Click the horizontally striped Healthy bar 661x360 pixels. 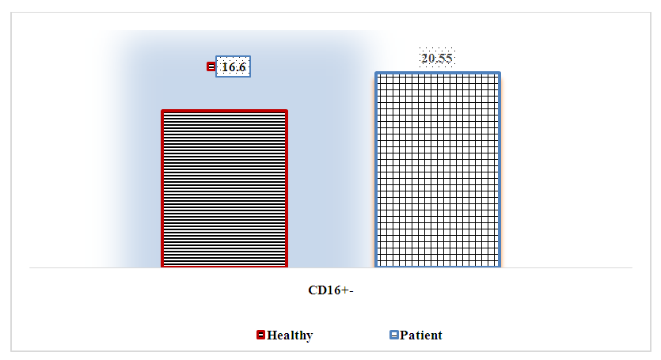(224, 188)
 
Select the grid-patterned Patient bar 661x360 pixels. (438, 169)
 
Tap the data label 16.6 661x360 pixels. (233, 66)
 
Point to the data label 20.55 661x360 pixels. (437, 59)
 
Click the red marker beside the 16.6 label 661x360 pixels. (211, 66)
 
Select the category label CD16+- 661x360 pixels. (331, 290)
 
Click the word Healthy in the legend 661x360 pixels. (290, 335)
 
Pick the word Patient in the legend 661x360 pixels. (421, 335)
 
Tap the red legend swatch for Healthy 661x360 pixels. (261, 335)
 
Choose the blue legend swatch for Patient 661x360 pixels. (393, 335)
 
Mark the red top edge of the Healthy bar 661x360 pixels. (224, 112)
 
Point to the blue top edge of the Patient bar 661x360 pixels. (438, 74)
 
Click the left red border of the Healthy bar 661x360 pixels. (162, 188)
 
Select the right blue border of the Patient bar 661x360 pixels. (500, 169)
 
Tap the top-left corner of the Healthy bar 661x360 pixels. (161, 110)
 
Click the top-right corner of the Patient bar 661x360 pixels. (501, 72)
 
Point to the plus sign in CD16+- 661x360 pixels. (344, 290)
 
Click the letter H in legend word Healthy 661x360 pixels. (272, 335)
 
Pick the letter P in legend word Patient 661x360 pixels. (404, 335)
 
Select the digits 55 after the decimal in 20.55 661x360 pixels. (446, 59)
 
